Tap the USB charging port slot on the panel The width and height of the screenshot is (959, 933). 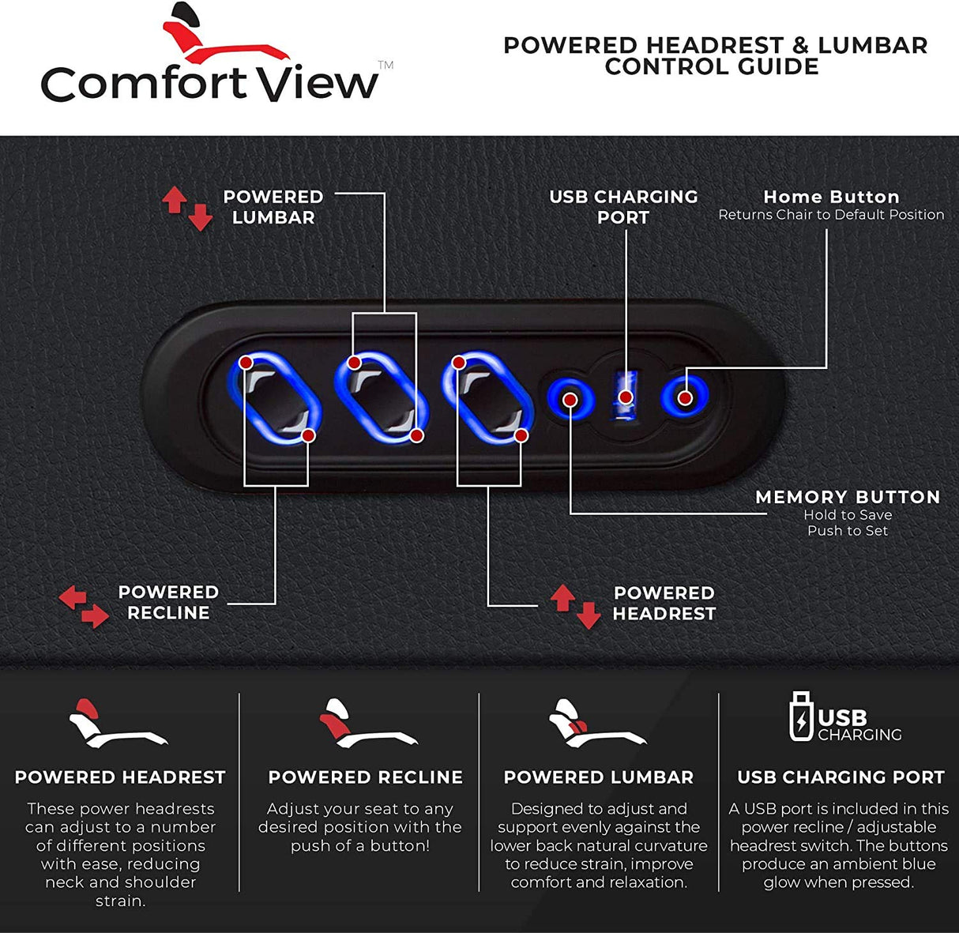coord(625,397)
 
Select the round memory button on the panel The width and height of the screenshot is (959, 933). coord(570,399)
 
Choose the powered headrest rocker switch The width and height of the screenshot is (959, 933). coord(488,398)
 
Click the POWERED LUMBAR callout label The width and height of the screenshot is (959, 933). coord(273,207)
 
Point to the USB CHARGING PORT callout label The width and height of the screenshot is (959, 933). coord(623,207)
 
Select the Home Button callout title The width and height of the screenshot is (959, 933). coord(831,197)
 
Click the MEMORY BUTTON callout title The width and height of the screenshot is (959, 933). coord(848,497)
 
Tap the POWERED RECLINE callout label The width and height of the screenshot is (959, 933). coord(168,602)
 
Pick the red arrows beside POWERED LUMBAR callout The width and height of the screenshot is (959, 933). coord(187,208)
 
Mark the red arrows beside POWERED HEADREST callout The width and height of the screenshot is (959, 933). coord(576,606)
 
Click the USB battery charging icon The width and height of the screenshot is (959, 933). coord(801,717)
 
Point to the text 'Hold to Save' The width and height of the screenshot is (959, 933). coord(848,515)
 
